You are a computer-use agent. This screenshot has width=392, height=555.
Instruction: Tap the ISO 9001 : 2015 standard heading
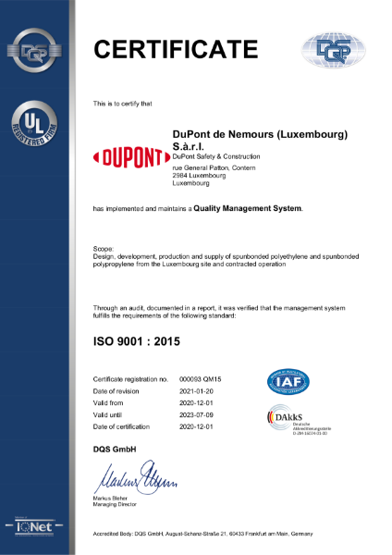pyautogui.click(x=138, y=342)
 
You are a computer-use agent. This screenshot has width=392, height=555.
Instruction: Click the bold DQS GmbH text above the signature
pyautogui.click(x=115, y=449)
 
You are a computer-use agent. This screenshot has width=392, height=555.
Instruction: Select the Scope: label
pyautogui.click(x=104, y=250)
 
